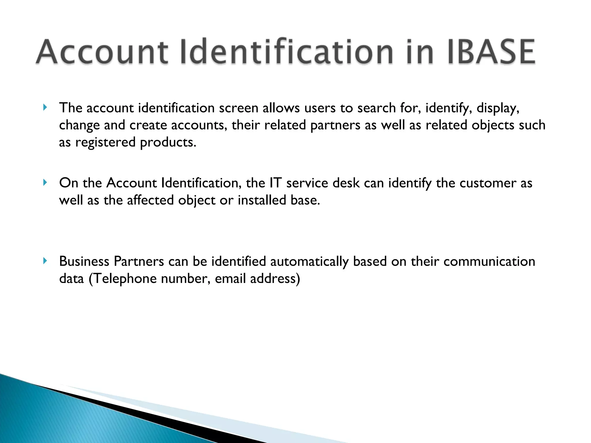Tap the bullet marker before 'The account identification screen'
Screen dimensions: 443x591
pos(45,108)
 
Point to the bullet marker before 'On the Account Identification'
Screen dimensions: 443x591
pos(45,183)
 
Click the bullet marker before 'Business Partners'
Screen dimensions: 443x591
pos(45,261)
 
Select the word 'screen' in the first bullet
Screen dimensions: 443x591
pos(238,108)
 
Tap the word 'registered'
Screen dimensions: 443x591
pos(105,142)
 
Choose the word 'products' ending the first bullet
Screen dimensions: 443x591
pos(168,142)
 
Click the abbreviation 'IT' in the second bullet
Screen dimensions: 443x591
pos(275,183)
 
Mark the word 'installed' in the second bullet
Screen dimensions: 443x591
pos(262,200)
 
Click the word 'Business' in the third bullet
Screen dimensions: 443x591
pos(84,261)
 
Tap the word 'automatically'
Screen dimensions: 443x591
pos(309,261)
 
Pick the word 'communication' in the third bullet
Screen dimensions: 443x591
pos(489,261)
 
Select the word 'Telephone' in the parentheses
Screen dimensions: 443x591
pos(125,279)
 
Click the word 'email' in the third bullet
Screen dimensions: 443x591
pos(230,279)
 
